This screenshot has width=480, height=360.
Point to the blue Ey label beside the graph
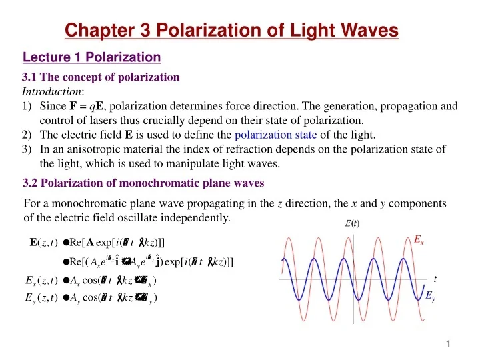[x=430, y=298]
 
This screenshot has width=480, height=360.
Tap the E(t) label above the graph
[x=352, y=224]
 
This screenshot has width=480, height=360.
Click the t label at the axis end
[x=435, y=279]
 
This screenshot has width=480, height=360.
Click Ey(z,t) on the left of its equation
[x=39, y=297]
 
